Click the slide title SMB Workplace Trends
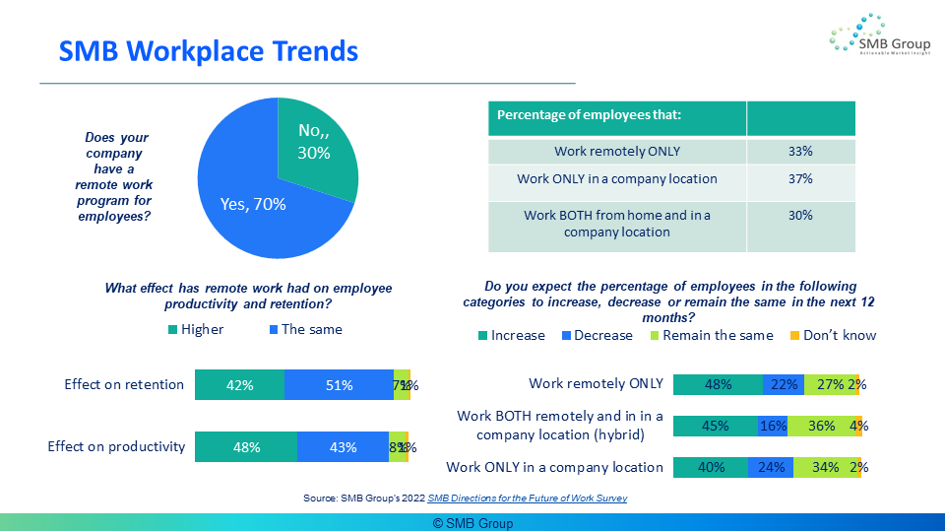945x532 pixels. (x=209, y=50)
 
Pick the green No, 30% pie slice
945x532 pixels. (x=315, y=143)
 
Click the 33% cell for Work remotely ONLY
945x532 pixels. (x=799, y=152)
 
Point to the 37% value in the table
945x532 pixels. (x=799, y=179)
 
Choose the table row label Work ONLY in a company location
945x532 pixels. (x=616, y=179)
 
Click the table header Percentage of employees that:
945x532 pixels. (x=590, y=115)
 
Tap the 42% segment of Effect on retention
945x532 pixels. (x=239, y=385)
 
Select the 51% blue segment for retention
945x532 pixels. (x=339, y=385)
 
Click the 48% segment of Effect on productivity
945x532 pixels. (x=246, y=447)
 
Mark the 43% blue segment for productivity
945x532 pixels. (x=343, y=447)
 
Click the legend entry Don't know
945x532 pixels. (x=833, y=335)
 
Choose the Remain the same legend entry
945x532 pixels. (x=710, y=335)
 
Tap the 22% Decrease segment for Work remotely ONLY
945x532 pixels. (x=784, y=384)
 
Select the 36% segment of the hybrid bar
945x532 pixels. (x=821, y=426)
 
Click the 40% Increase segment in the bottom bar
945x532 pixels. (x=711, y=467)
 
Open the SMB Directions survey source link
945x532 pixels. (x=527, y=499)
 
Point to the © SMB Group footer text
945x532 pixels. (x=472, y=523)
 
